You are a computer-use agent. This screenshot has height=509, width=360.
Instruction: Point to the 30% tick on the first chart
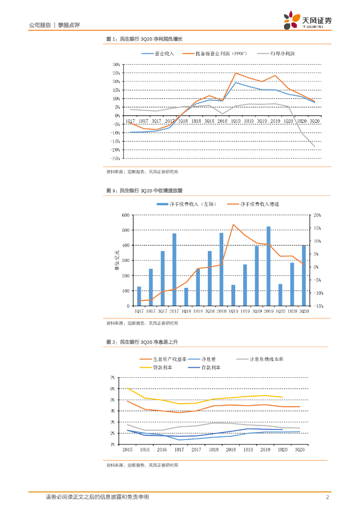tap(116, 65)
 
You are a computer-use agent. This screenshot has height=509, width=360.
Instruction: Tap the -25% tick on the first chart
tap(115, 159)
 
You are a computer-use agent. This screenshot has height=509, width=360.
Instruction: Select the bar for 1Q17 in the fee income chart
tap(139, 296)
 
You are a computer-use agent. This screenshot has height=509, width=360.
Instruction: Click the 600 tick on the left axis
tap(125, 215)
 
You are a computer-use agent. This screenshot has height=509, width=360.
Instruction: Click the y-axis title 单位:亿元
tap(117, 260)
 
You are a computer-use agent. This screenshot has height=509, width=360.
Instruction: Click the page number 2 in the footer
tap(327, 497)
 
